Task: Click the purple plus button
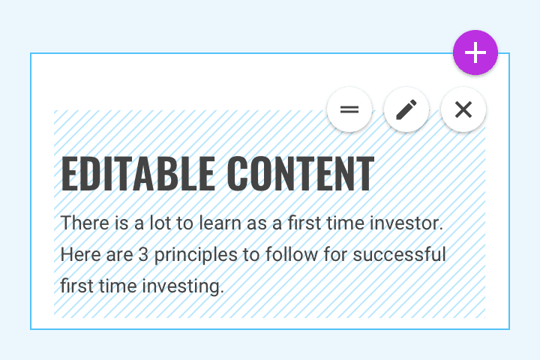coord(475,52)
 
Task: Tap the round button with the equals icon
coord(349,109)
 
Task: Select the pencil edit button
coord(406,109)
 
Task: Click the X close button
coord(463,109)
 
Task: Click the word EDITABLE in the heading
coord(138,174)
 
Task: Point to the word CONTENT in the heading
coord(300,174)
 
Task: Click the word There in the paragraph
coord(85,223)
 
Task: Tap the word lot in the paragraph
coord(160,223)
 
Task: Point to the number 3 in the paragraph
coord(143,255)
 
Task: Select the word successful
coord(400,254)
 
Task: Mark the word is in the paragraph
coord(121,223)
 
